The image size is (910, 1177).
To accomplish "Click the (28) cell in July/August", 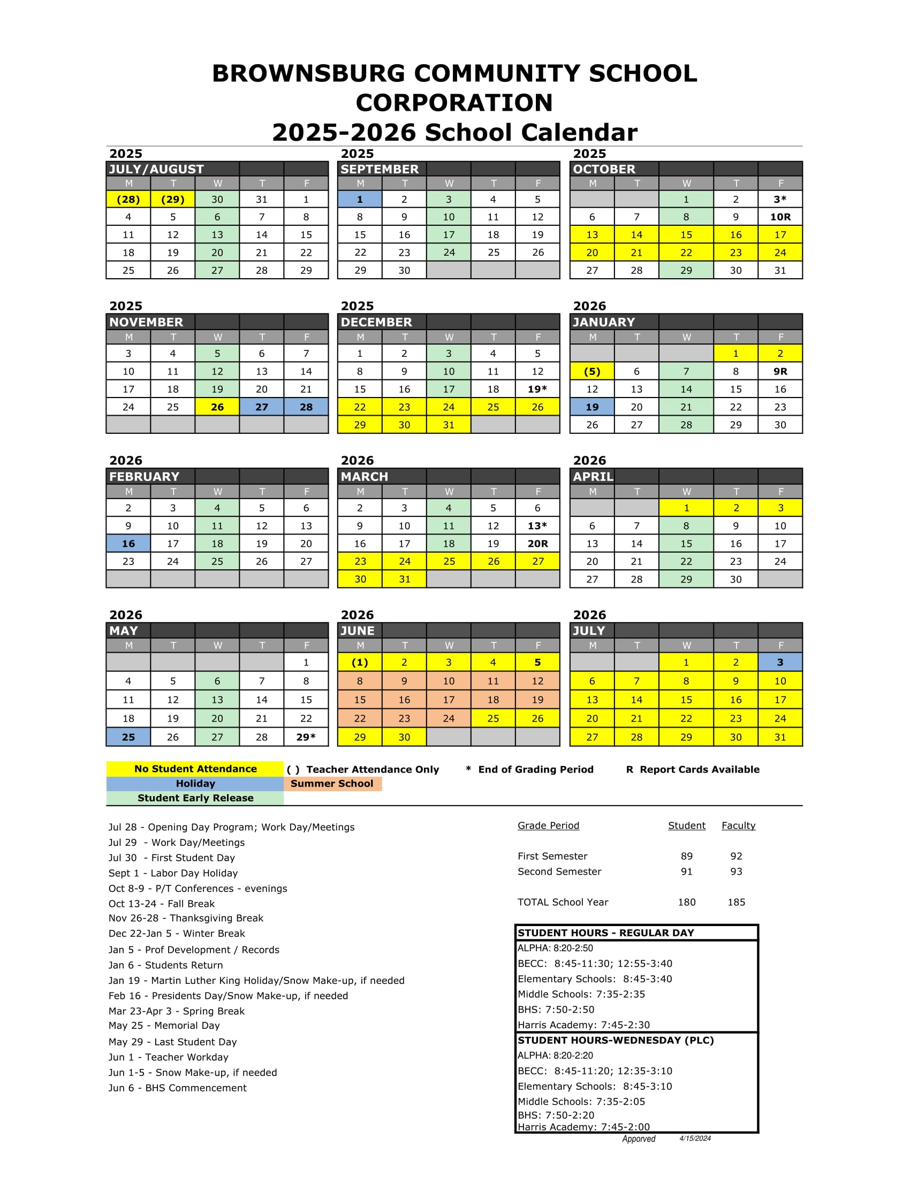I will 128,200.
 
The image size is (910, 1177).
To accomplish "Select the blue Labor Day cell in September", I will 360,200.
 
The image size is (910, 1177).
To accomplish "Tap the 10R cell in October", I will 780,217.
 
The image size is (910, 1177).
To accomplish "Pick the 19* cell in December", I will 537,389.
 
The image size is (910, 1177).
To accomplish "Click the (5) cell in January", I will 592,371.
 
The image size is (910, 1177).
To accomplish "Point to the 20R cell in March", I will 537,544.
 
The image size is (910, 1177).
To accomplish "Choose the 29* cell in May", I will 306,737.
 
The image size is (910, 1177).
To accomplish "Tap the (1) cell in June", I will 360,662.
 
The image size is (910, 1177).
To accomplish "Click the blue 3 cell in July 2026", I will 780,662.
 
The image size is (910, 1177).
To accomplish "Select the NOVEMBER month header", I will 146,322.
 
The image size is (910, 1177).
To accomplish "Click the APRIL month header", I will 593,476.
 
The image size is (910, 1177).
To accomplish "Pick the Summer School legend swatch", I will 332,784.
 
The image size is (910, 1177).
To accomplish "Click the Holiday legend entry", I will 195,784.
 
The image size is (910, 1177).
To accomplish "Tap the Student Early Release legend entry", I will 195,798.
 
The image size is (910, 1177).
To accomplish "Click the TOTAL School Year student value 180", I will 686,902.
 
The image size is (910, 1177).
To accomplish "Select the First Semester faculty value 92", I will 736,857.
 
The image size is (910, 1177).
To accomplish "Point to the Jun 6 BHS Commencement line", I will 177,1088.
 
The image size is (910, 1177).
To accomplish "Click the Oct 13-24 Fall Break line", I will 161,904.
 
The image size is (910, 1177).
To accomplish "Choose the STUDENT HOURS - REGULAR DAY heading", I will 606,933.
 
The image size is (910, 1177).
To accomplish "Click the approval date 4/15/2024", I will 695,1138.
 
